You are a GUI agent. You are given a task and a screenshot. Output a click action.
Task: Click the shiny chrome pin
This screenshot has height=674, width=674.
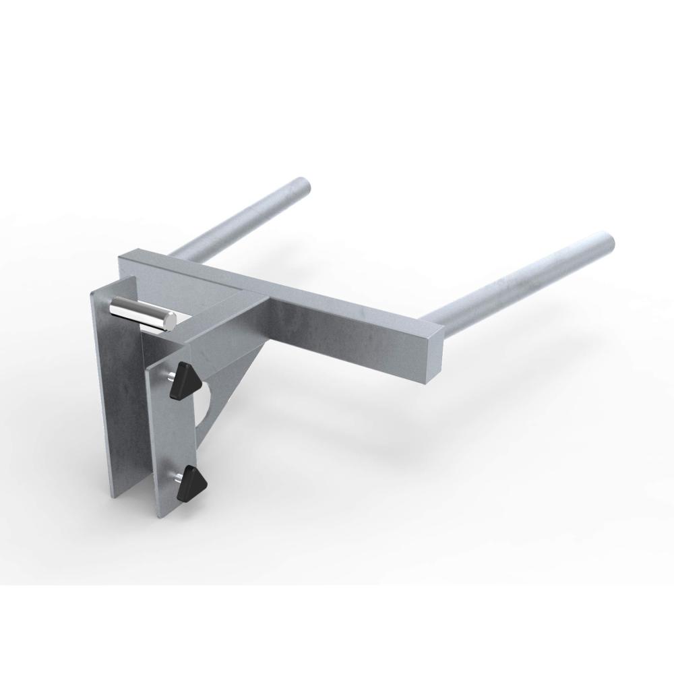(x=140, y=313)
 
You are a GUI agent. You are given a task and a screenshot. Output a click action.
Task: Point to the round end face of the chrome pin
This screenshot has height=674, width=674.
(x=171, y=321)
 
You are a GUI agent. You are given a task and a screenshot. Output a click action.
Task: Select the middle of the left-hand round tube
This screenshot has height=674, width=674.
(x=236, y=216)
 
